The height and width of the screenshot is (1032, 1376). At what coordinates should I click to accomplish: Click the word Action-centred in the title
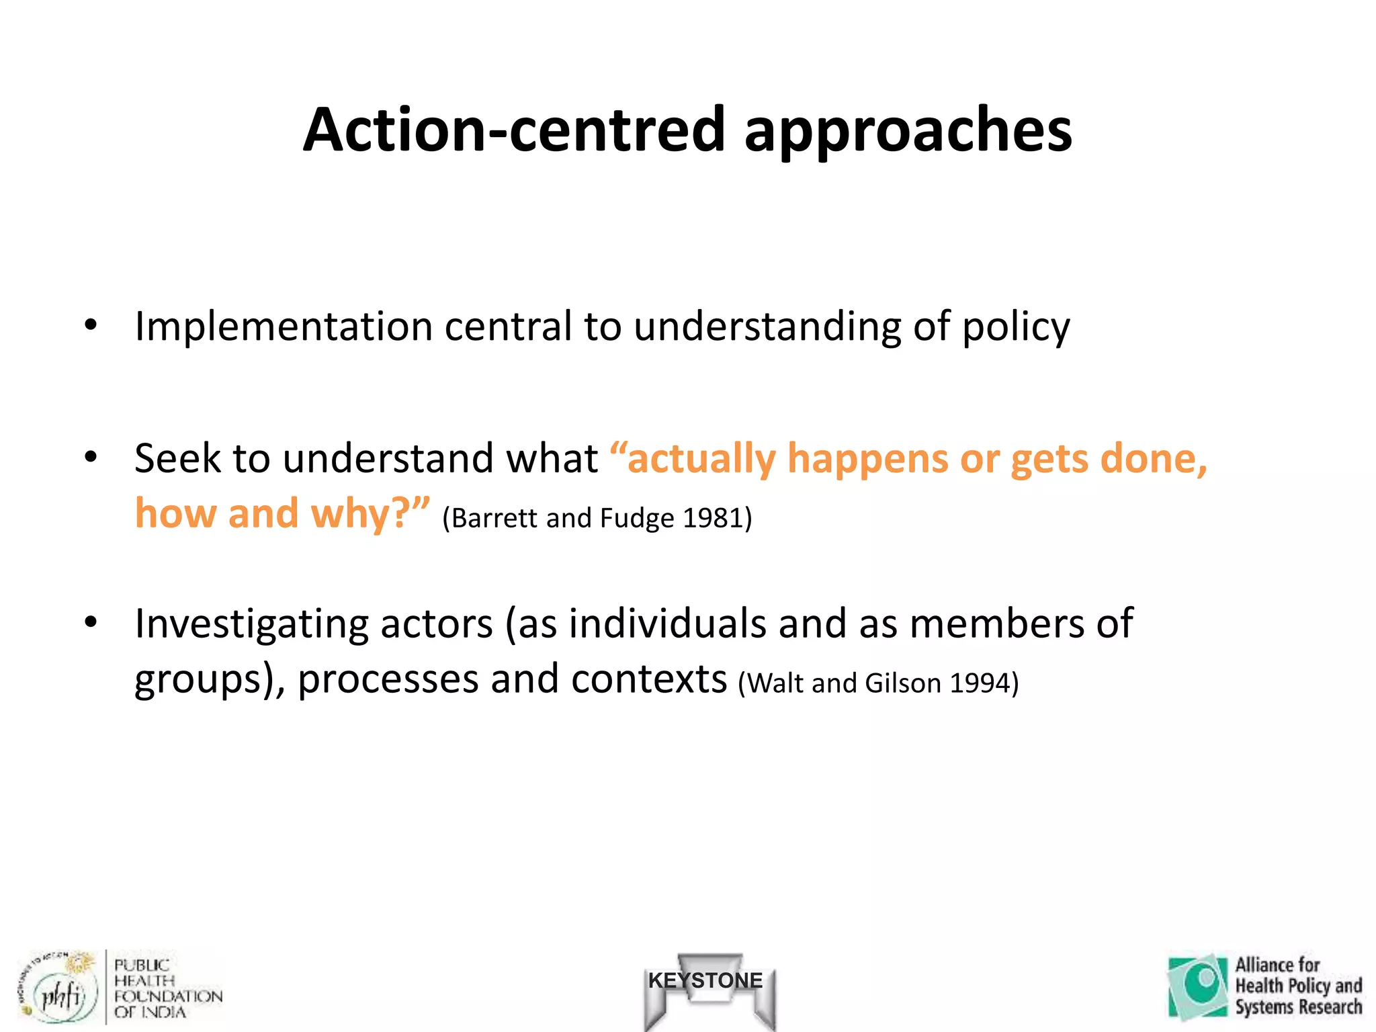513,130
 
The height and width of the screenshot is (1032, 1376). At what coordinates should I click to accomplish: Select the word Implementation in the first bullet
283,327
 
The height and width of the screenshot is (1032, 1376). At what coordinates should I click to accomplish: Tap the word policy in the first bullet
1016,327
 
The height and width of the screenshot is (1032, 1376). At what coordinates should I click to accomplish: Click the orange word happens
867,459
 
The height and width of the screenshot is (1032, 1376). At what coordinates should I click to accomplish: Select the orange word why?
362,514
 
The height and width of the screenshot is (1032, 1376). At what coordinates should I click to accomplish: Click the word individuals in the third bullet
667,624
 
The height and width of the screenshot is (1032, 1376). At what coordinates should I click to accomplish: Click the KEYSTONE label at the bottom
705,980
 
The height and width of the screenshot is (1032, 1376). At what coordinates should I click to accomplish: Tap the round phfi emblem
59,992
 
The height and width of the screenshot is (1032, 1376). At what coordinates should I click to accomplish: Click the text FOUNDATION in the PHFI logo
168,996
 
